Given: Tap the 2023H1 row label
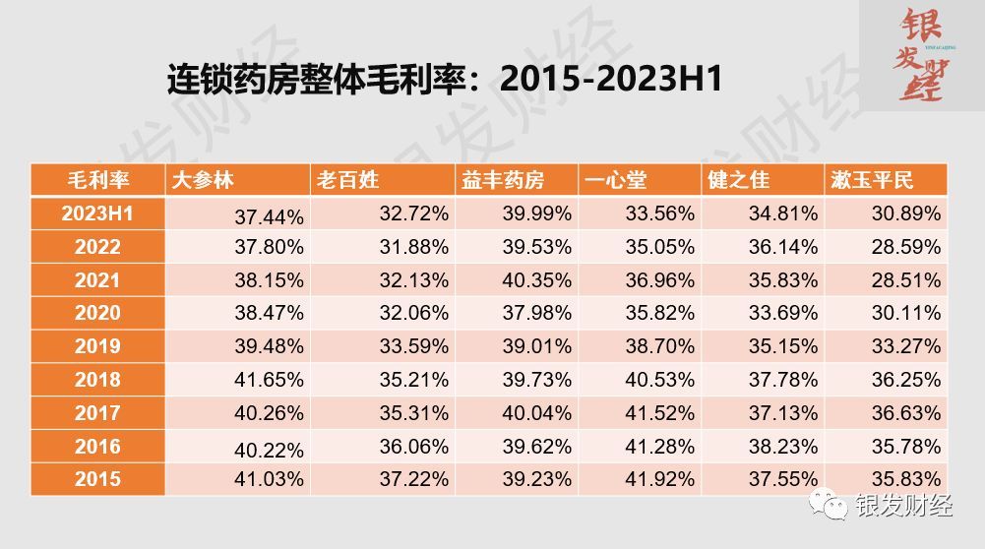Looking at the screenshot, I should tap(97, 213).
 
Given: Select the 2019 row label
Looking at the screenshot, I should tap(97, 346).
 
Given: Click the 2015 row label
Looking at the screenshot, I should tap(97, 479).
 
